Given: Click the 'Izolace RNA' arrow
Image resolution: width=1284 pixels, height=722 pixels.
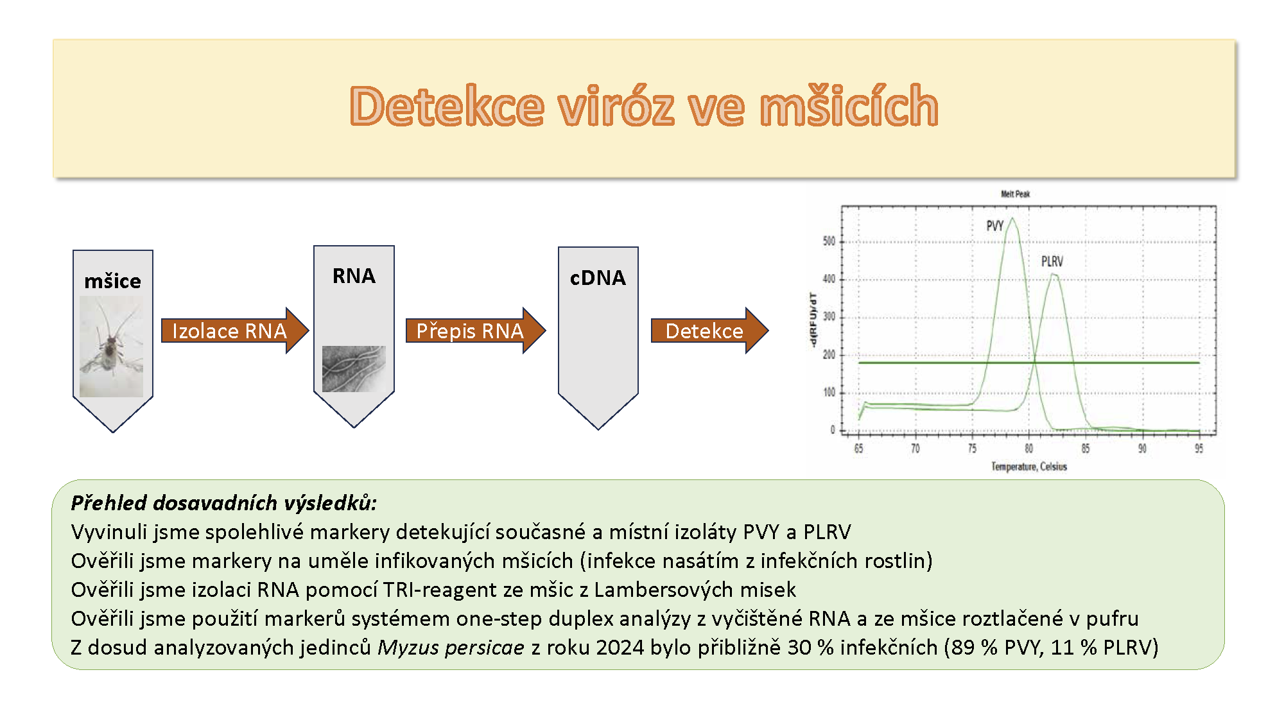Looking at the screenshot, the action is [x=235, y=331].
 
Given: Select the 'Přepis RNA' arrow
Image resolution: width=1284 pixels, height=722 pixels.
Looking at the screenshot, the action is [x=476, y=331].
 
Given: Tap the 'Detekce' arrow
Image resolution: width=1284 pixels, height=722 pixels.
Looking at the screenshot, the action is [x=709, y=331].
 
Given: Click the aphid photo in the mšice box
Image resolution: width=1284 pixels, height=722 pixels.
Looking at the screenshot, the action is [x=112, y=347].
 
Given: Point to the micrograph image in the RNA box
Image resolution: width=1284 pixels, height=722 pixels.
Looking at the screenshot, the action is [x=354, y=369].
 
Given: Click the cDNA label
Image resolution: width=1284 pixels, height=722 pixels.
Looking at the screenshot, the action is [x=598, y=278].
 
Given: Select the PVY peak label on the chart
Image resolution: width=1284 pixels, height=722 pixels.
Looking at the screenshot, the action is [x=994, y=226].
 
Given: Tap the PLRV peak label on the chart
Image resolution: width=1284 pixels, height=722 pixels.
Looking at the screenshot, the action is [x=1052, y=262].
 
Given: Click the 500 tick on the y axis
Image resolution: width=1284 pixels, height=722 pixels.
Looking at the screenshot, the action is [x=829, y=241].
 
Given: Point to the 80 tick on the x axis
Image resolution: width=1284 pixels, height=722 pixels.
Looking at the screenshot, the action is [x=1028, y=449].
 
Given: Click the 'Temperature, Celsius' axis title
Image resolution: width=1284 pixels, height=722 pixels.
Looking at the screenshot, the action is [x=1028, y=467].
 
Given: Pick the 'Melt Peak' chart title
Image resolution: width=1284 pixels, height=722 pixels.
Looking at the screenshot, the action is [x=1015, y=194].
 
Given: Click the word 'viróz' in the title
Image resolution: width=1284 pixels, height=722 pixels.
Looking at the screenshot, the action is [x=616, y=106].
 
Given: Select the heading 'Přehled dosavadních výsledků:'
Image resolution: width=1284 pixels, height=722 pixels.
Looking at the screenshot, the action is [x=223, y=503].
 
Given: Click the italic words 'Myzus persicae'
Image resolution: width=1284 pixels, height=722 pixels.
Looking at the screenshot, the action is [x=451, y=648].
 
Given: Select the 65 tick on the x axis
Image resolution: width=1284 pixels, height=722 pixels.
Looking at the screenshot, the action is [x=858, y=449].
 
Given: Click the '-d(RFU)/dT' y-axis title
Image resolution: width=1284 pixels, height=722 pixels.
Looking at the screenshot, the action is [x=813, y=320].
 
